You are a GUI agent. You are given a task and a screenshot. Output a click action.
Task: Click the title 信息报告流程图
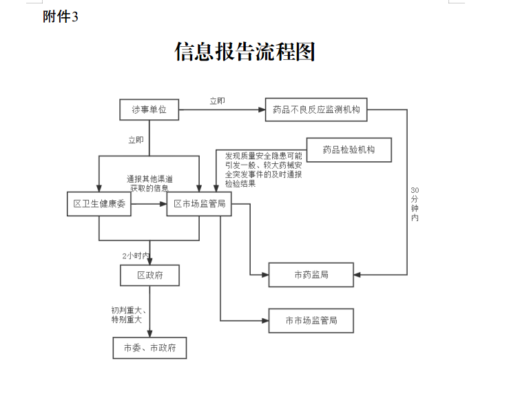coord(245,52)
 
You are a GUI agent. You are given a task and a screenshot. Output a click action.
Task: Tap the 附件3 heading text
coord(61,17)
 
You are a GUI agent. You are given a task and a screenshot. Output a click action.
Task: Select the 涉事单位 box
coord(149,110)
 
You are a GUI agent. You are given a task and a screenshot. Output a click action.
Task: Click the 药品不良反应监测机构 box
coord(317,110)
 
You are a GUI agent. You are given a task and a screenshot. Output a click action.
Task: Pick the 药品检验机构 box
coord(349,150)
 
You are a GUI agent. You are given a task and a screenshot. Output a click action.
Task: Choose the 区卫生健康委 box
coord(99,204)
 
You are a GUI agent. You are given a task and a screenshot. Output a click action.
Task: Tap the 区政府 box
coord(149,276)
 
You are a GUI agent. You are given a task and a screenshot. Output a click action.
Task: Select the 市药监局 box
coord(311,275)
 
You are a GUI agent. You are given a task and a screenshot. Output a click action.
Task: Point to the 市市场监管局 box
coord(311,320)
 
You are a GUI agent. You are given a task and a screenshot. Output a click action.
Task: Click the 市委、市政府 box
coord(149,347)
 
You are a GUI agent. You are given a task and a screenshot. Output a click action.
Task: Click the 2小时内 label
coord(136,256)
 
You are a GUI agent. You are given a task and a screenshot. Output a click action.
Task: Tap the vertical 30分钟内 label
coord(415,203)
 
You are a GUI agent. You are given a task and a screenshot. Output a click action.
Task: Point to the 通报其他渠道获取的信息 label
coord(149,183)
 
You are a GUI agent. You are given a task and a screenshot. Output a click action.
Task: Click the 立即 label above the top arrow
coord(217,101)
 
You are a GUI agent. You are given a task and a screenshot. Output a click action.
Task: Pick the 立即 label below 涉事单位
coord(136,141)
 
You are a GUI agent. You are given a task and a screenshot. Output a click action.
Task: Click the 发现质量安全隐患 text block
coord(264,169)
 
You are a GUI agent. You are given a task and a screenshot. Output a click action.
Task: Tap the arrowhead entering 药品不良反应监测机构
coord(262,110)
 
